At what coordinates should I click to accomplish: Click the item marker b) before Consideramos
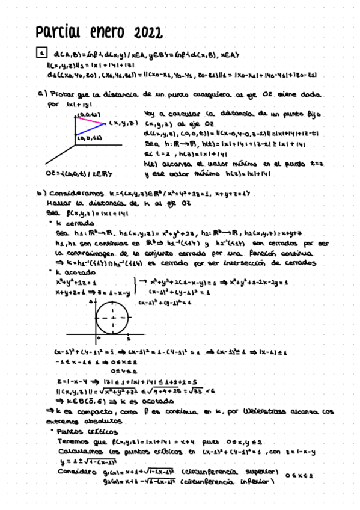pyautogui.click(x=41, y=194)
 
